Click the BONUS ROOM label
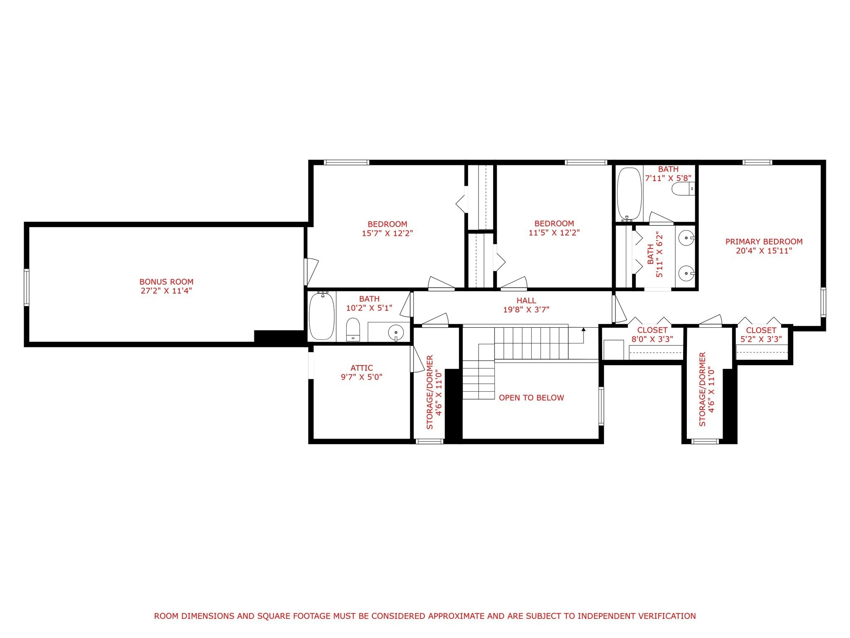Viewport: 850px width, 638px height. pos(166,282)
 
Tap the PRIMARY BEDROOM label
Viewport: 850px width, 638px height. pos(764,241)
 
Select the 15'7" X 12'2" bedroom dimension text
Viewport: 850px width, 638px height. pos(387,233)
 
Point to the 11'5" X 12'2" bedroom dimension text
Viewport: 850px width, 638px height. pos(554,233)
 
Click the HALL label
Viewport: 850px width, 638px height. pos(526,300)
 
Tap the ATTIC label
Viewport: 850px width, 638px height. pos(361,368)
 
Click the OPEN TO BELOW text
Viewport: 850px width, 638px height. pos(531,398)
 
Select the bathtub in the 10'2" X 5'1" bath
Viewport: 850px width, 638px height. pos(322,316)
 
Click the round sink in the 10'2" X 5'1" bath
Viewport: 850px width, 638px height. pos(396,332)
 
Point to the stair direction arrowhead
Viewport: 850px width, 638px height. pos(583,330)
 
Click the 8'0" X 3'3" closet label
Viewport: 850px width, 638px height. pos(652,334)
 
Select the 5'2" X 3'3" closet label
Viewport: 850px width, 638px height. pos(761,334)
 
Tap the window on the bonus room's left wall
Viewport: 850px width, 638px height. pos(27,287)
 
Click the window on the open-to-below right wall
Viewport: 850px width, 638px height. pos(601,406)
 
